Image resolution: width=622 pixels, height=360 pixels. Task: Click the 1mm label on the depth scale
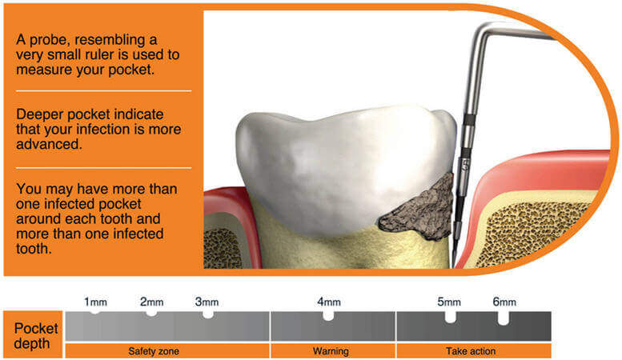point(95,302)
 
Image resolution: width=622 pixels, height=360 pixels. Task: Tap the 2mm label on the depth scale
point(151,302)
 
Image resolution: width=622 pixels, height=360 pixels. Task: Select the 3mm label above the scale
point(207,302)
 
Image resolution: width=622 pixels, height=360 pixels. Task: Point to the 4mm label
point(329,302)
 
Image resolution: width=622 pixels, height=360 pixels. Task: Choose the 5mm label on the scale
point(449,302)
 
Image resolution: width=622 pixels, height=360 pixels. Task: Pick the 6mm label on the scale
point(504,302)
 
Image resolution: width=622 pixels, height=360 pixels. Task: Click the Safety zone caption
point(154,351)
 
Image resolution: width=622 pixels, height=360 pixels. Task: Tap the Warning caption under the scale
point(331,351)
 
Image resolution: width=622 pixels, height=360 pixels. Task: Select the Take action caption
point(471,351)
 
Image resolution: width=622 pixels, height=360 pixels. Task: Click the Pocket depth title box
point(33,334)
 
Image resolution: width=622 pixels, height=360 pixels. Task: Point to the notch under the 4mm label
point(328,316)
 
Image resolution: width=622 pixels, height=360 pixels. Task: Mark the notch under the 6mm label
point(503,318)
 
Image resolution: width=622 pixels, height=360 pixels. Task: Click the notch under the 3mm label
point(208,315)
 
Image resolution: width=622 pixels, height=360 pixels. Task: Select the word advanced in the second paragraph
point(49,144)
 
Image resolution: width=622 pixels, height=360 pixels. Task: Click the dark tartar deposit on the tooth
point(420,210)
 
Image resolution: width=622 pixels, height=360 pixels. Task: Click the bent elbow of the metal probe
point(482,30)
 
